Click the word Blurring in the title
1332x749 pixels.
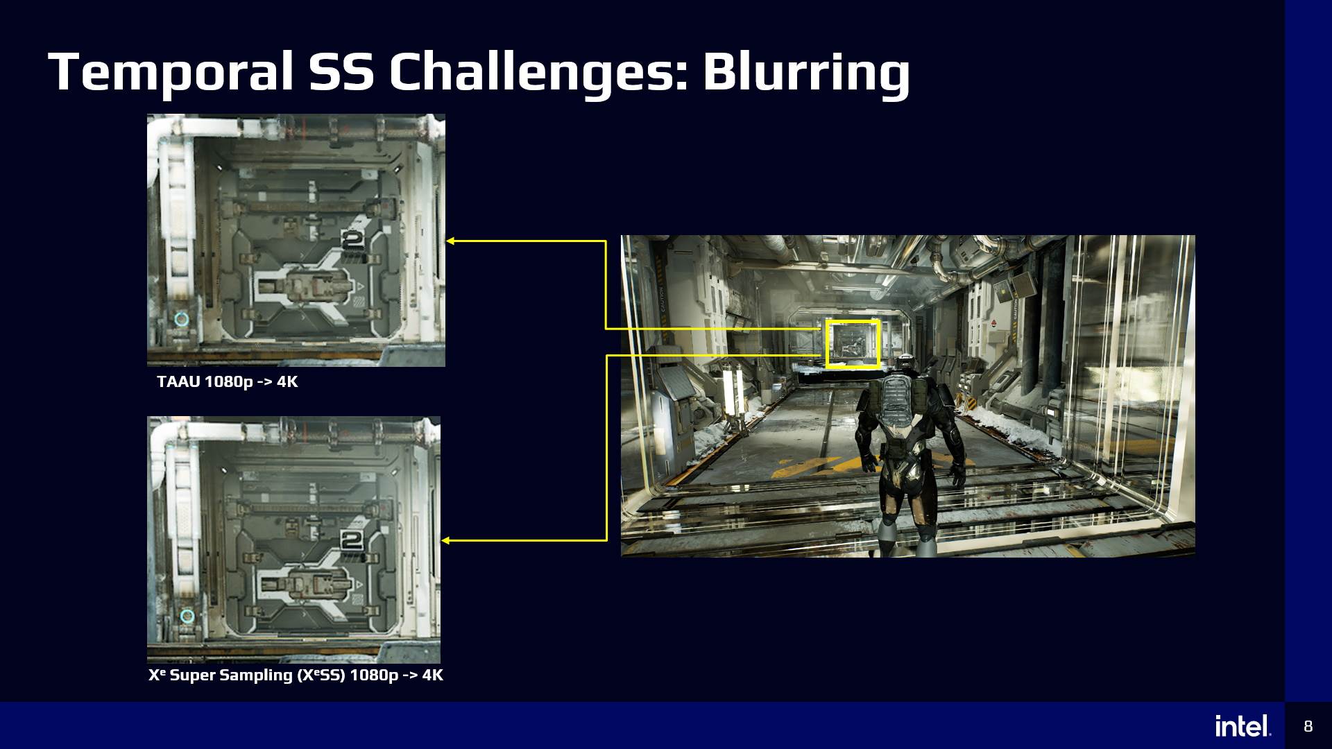point(806,71)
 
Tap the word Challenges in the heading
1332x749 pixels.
point(538,71)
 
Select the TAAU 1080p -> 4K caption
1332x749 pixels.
point(228,381)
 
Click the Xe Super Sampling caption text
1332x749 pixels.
point(296,675)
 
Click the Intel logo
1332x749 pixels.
point(1243,725)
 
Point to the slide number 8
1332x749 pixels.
point(1308,726)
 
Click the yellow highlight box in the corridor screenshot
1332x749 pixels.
point(853,344)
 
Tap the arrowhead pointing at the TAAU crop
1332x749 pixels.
point(450,241)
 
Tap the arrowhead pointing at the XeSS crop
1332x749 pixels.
point(445,540)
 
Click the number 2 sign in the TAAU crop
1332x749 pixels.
point(352,240)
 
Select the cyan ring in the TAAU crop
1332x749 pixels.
point(181,319)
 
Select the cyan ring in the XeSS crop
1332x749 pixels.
point(187,616)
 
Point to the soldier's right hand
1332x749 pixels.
point(957,475)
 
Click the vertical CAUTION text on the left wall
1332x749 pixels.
point(661,298)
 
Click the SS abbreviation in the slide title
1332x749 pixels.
point(341,71)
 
